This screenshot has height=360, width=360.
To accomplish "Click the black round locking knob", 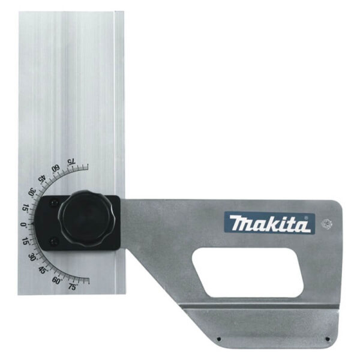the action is [x=86, y=218].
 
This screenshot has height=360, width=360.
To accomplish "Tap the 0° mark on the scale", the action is [x=23, y=225].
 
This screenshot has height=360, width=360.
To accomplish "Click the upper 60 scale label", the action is [x=56, y=168].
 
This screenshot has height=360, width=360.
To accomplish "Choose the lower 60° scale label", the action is [x=56, y=281].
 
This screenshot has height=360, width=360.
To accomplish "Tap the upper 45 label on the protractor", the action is [x=43, y=179].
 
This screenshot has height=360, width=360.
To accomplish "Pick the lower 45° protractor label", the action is [x=43, y=270].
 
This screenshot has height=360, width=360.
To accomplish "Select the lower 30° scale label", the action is [x=32, y=257].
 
